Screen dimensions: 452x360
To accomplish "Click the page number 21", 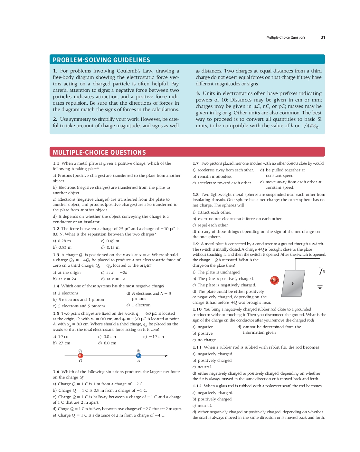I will pyautogui.click(x=323, y=37).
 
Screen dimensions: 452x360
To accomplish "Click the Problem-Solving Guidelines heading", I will pyautogui.click(x=101, y=60).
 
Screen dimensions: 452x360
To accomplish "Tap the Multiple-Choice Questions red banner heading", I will pyautogui.click(x=99, y=152).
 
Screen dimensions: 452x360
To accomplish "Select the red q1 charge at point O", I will pyautogui.click(x=81, y=356).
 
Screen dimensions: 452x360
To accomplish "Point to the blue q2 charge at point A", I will pyautogui.click(x=138, y=356).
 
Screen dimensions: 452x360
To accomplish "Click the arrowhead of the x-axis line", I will pyautogui.click(x=166, y=356).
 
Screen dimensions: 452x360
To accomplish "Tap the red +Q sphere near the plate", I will pyautogui.click(x=274, y=280).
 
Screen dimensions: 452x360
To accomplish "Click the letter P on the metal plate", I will pyautogui.click(x=293, y=284).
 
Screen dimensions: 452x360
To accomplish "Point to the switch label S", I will pyautogui.click(x=324, y=272).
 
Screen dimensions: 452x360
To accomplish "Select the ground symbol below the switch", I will pyautogui.click(x=320, y=287).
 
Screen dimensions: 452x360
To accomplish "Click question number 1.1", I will pyautogui.click(x=56, y=163).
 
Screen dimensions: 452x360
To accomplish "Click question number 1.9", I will pyautogui.click(x=195, y=244).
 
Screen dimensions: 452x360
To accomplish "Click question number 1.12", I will pyautogui.click(x=197, y=386).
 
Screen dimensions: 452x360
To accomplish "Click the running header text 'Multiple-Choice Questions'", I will pyautogui.click(x=286, y=37).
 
